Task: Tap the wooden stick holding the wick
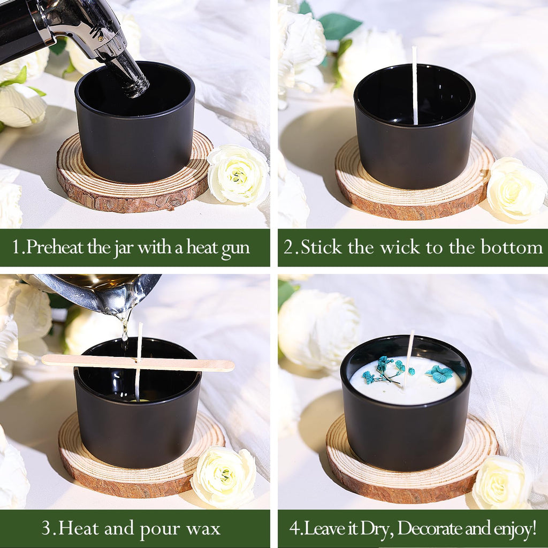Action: pyautogui.click(x=138, y=363)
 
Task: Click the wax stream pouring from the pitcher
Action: pyautogui.click(x=124, y=327)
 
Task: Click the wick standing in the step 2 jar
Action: pyautogui.click(x=415, y=86)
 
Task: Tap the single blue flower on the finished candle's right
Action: pyautogui.click(x=440, y=374)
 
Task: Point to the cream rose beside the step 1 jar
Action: pyautogui.click(x=238, y=174)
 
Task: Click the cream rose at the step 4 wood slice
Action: pyautogui.click(x=501, y=482)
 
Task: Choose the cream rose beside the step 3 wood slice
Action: pyautogui.click(x=224, y=477)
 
